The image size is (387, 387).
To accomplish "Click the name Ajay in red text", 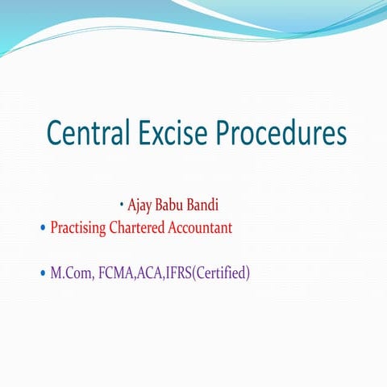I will click(142, 205).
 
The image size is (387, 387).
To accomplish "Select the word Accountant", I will click(201, 227).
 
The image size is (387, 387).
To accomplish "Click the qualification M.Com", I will click(70, 273).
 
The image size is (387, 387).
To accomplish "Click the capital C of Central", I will click(55, 133).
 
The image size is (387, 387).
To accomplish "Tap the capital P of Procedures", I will click(229, 133).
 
